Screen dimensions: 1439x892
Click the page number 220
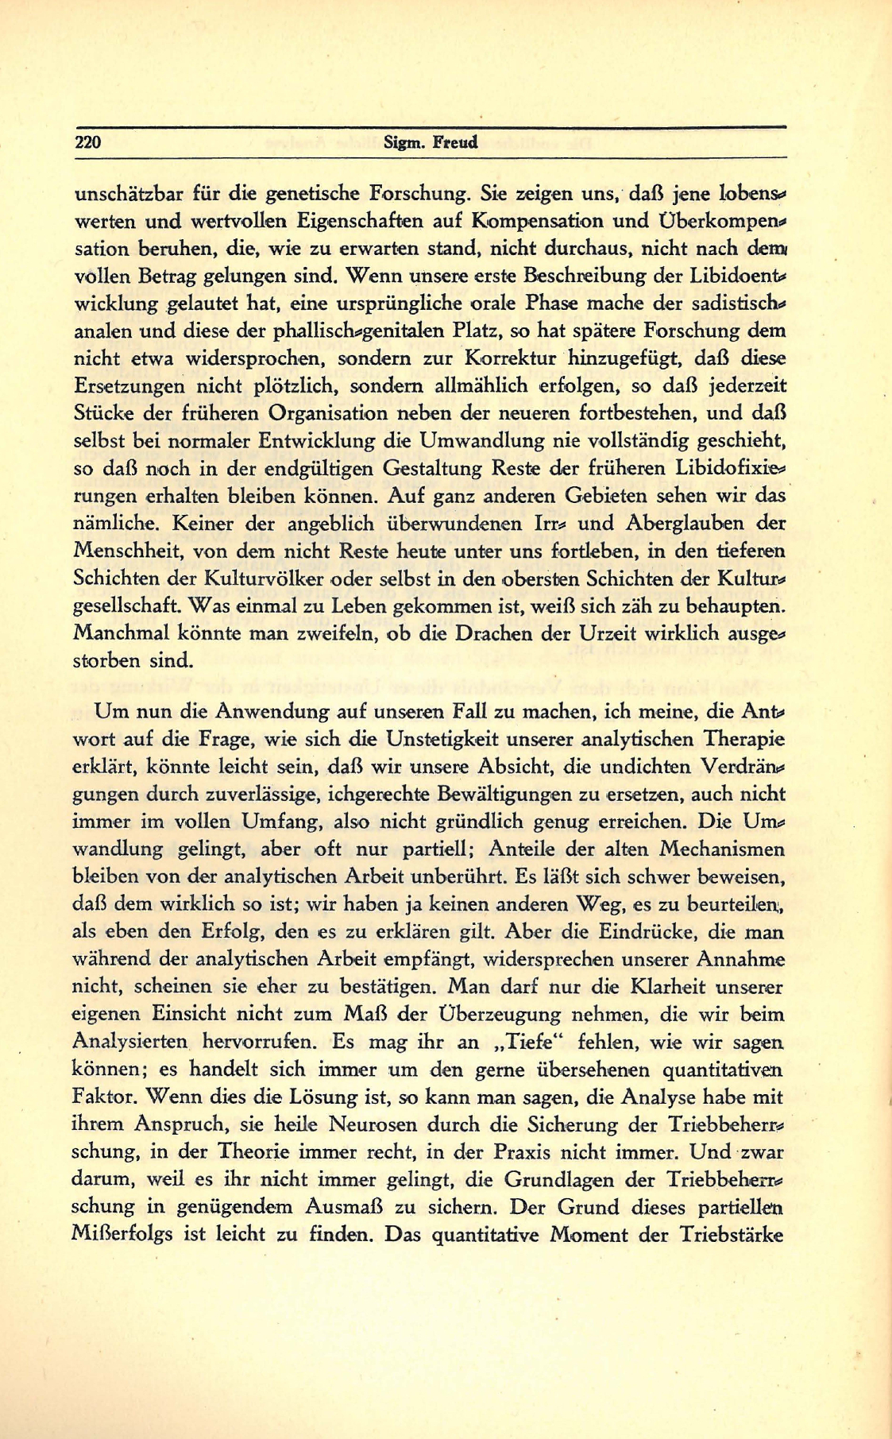pyautogui.click(x=88, y=143)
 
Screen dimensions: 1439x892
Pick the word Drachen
pyautogui.click(x=538, y=634)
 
